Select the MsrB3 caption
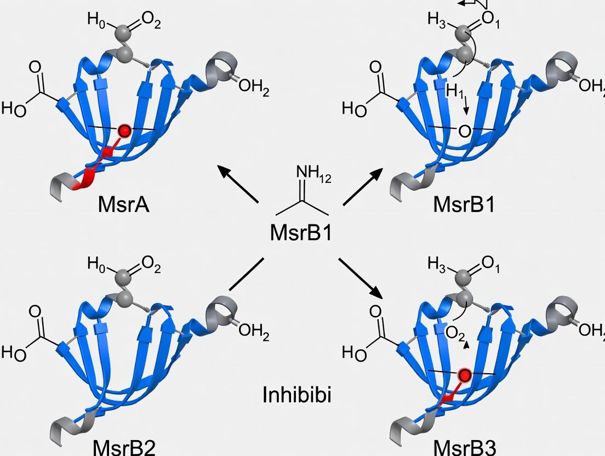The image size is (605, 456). (x=464, y=447)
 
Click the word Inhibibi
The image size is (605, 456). (x=297, y=395)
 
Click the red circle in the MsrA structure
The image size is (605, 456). (x=124, y=131)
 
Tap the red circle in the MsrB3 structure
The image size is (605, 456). (x=465, y=375)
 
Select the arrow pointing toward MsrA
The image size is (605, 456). (x=238, y=184)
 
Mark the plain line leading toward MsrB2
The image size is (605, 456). (x=246, y=273)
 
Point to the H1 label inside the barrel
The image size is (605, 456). (x=455, y=92)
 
